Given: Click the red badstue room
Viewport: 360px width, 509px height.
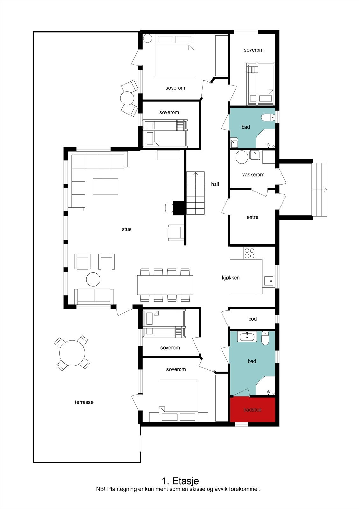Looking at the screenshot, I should [252, 410].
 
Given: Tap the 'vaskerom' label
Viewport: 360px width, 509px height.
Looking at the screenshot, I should [253, 175].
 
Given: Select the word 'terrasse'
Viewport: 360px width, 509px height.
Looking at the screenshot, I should [84, 402].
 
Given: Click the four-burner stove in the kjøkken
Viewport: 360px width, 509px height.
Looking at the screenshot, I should [249, 253].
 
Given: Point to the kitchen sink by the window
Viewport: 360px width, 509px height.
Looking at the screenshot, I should [268, 281].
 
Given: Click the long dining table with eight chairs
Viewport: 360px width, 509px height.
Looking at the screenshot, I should [165, 285].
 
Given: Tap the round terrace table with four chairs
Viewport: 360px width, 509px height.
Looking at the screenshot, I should [72, 353].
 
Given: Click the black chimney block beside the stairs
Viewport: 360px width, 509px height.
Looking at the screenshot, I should [179, 208].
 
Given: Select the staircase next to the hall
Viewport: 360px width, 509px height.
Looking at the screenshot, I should [195, 193].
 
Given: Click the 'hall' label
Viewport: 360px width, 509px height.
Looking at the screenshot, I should [215, 184].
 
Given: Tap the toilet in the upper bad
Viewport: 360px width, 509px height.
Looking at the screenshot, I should [268, 118].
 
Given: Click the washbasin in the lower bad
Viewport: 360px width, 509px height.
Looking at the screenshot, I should [247, 337].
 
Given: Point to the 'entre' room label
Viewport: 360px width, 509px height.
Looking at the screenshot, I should [252, 217].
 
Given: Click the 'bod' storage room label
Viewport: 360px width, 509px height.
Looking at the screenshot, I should [252, 319].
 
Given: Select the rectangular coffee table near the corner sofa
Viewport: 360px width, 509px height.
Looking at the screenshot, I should [105, 186].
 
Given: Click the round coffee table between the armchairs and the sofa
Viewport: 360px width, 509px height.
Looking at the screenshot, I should [93, 279].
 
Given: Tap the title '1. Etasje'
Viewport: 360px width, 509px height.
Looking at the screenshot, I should [180, 480].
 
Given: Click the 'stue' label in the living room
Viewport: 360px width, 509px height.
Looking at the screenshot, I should [126, 229].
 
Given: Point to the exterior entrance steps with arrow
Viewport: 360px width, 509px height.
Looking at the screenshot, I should [319, 190].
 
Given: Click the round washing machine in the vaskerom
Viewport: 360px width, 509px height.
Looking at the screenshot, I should [242, 157].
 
